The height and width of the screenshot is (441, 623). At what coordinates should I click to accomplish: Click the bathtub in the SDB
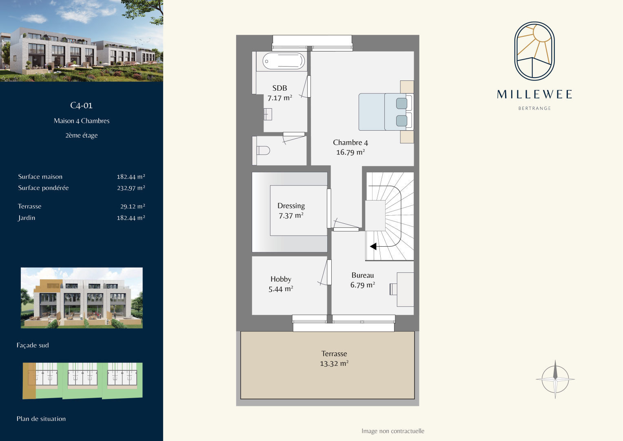(x=284, y=61)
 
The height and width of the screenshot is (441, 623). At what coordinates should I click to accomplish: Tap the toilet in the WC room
(x=263, y=151)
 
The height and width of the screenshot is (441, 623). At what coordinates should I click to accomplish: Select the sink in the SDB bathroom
(x=268, y=114)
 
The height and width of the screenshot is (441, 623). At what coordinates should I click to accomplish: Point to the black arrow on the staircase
(x=373, y=246)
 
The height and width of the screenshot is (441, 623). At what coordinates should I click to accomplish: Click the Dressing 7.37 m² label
(x=291, y=210)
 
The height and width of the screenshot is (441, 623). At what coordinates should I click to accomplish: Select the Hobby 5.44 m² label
(x=281, y=284)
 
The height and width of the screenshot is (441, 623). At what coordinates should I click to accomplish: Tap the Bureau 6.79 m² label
(x=363, y=280)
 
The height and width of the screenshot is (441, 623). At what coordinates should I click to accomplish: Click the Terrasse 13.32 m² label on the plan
(x=334, y=359)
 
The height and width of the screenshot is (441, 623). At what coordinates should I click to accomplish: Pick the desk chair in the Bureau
(x=393, y=289)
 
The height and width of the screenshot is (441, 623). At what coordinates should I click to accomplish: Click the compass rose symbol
(x=555, y=379)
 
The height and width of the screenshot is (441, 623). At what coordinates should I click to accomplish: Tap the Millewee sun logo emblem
(x=534, y=51)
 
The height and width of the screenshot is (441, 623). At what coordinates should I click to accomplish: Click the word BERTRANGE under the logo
(x=534, y=108)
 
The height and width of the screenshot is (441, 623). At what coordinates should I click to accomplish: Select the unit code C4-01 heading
(x=81, y=105)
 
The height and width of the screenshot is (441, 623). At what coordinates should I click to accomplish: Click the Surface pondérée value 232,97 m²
(x=131, y=188)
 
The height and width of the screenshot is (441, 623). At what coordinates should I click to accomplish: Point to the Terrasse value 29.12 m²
(x=133, y=206)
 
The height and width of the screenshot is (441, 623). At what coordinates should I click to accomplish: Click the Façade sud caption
(x=33, y=345)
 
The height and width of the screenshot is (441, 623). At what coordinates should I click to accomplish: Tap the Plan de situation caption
(x=41, y=419)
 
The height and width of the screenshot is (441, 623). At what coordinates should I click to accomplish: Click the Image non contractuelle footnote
(x=393, y=431)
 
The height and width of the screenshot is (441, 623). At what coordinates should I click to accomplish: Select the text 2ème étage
(x=82, y=135)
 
